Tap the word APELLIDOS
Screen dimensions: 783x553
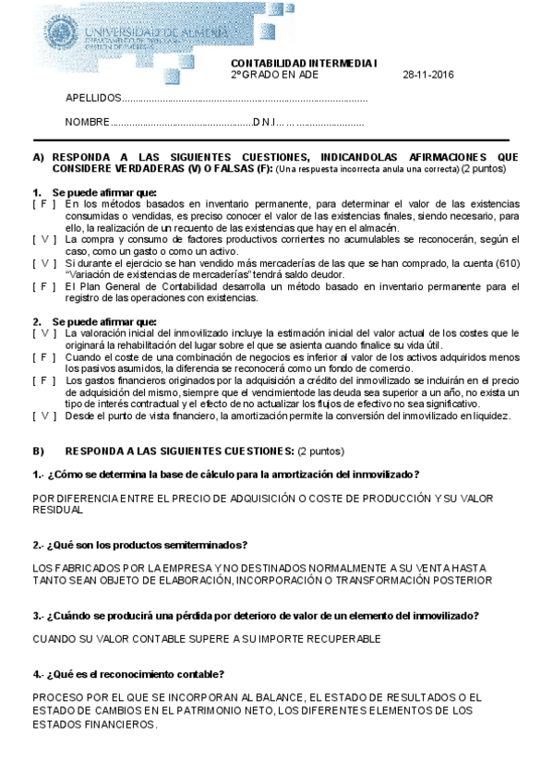click(92, 98)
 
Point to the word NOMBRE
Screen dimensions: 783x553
click(86, 123)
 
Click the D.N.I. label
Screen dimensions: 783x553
click(267, 123)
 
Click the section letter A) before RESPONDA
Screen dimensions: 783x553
click(38, 157)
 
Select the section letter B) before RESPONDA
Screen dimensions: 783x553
click(38, 452)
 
